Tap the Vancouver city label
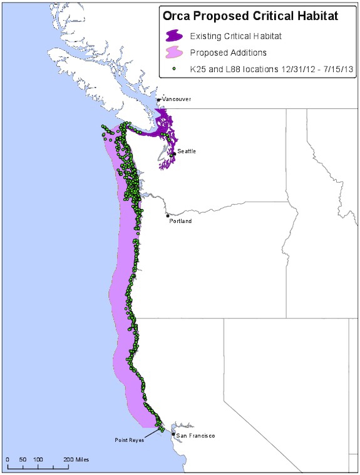tap(177, 100)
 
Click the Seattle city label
tap(186, 151)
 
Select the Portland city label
tap(181, 221)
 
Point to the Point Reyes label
tap(129, 440)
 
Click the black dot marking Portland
tap(167, 216)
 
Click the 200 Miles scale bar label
tap(76, 460)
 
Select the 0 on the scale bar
tap(8, 460)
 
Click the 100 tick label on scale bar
tap(38, 460)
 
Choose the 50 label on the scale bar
tap(23, 460)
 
